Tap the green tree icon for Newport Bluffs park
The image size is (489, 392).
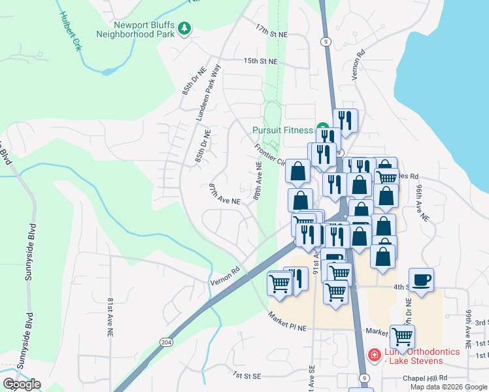186,28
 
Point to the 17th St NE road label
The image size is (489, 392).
271,31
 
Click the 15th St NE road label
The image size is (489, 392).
260,61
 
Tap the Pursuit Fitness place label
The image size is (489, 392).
282,129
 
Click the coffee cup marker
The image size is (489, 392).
422,279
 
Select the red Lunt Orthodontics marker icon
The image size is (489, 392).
374,355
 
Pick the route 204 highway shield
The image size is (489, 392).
166,342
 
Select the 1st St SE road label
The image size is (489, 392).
247,376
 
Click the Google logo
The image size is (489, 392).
22,384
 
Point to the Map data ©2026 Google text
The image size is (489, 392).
448,387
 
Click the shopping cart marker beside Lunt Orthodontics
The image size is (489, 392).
402,336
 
